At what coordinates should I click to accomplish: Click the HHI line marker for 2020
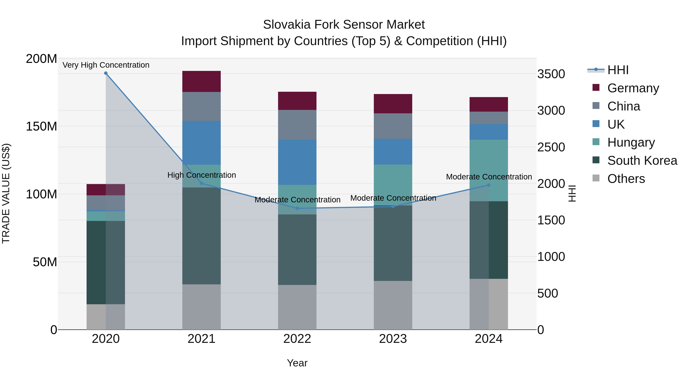106,73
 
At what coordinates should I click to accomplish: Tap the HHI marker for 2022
297,208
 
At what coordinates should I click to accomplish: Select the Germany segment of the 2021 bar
201,81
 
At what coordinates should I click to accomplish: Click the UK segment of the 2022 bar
297,162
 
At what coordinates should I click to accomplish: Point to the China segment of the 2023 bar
393,126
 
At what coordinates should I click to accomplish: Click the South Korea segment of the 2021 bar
201,236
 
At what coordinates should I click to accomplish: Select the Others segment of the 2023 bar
393,305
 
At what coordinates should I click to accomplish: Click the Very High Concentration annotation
106,65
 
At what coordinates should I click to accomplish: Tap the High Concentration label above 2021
202,175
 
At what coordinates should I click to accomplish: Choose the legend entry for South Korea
642,161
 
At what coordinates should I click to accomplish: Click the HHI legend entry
618,70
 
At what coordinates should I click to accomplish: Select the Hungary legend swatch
596,142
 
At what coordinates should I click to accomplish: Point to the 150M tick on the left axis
41,126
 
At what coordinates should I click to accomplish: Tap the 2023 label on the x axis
393,339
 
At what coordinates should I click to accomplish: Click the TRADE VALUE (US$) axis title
6,193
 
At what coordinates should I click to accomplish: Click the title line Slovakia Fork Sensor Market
344,25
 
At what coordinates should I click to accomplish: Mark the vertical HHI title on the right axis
572,193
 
